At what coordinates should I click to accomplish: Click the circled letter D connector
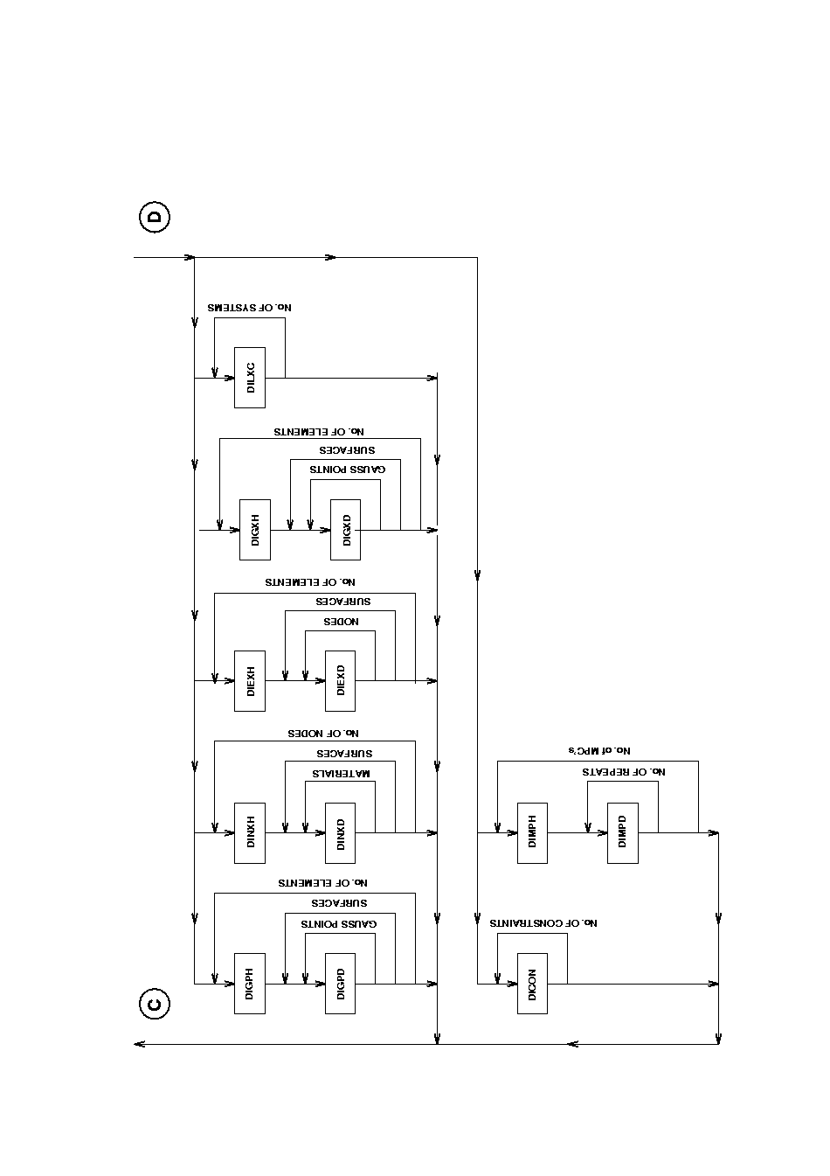[x=155, y=217]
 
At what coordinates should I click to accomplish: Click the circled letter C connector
[x=155, y=1005]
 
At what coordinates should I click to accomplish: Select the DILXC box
[x=250, y=378]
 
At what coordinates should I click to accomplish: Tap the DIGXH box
[x=255, y=530]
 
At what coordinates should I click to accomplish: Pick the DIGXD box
[x=346, y=530]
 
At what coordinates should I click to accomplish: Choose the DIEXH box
[x=250, y=680]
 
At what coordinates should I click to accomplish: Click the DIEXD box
[x=341, y=680]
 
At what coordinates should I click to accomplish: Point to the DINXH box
[x=250, y=832]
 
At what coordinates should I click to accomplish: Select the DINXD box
[x=341, y=832]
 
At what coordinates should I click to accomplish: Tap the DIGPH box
[x=250, y=984]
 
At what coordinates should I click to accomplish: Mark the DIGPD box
[x=341, y=984]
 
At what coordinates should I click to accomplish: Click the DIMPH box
[x=532, y=832]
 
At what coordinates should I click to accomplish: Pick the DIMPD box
[x=623, y=832]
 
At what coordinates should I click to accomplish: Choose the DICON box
[x=532, y=984]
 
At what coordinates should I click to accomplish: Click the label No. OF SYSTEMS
[x=249, y=308]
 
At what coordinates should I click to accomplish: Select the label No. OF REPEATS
[x=624, y=772]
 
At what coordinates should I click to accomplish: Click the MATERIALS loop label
[x=342, y=774]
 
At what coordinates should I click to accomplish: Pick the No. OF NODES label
[x=323, y=733]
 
